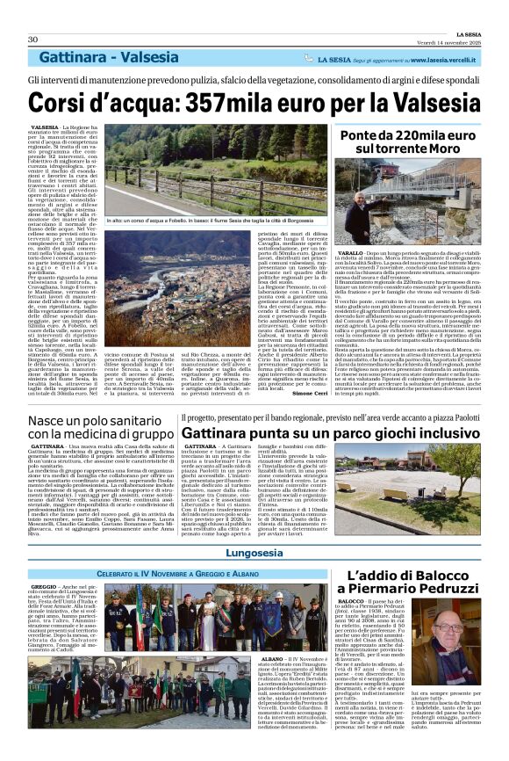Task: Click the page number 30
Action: click(33, 40)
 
